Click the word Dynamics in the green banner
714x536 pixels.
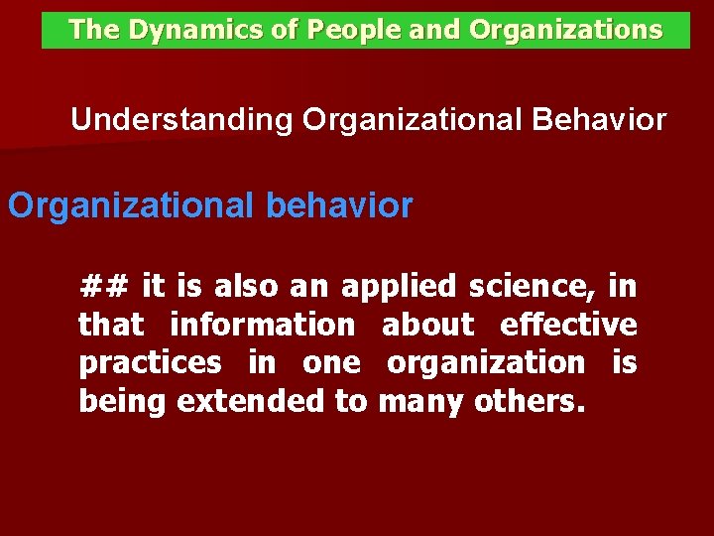tap(182, 31)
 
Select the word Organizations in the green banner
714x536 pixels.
tap(566, 31)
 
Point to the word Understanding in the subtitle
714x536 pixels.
tap(181, 121)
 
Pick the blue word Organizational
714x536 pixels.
tap(131, 205)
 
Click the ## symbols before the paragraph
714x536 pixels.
tap(104, 287)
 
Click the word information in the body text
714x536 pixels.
tap(262, 325)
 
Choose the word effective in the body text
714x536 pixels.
tap(568, 325)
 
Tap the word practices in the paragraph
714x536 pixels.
tap(151, 363)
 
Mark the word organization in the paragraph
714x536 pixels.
tap(485, 363)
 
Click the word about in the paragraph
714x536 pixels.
tap(427, 325)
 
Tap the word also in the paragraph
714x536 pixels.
tap(247, 287)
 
